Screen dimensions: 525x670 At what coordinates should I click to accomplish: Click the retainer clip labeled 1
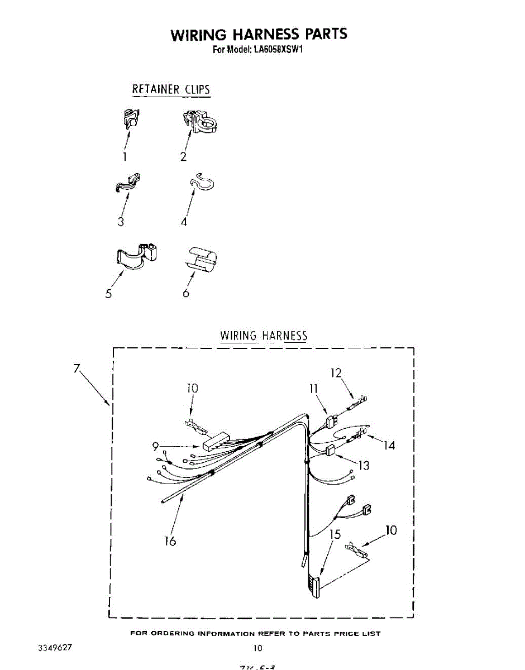130,118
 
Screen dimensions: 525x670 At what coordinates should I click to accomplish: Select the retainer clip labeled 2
200,122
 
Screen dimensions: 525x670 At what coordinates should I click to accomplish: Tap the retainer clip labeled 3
128,183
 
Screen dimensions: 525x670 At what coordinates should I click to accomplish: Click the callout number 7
76,368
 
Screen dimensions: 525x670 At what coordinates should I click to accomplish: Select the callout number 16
170,540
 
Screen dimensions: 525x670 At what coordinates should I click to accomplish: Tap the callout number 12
335,373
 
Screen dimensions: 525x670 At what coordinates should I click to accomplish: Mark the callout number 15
334,534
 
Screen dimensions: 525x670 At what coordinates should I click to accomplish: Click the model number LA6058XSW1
274,49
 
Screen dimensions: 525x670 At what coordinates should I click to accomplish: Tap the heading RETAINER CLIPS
171,89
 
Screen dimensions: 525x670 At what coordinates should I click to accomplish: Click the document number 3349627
55,648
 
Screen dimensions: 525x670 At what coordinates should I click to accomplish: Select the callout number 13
364,465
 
